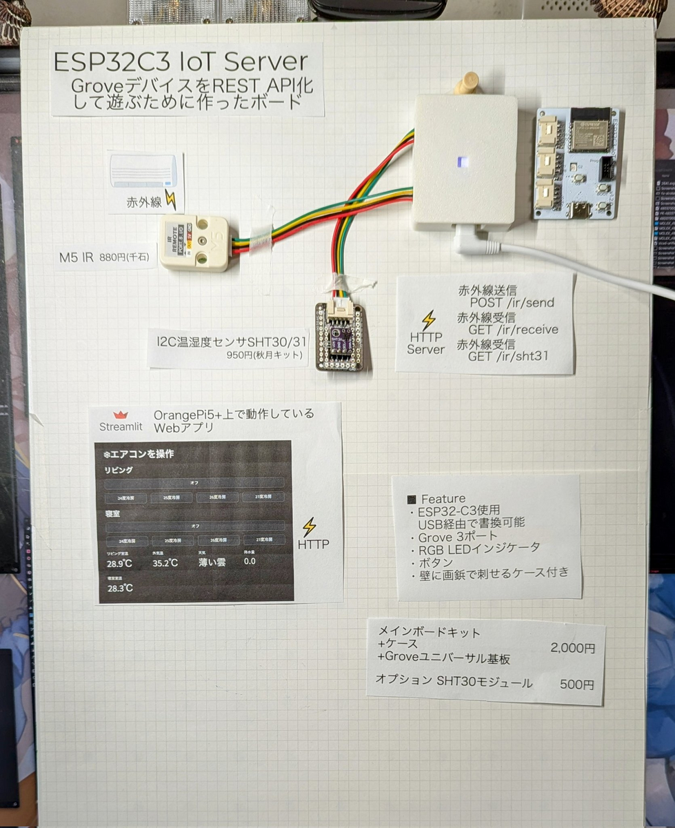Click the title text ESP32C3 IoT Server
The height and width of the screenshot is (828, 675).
point(181,61)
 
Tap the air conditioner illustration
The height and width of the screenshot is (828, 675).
point(144,171)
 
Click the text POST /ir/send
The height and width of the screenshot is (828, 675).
point(512,302)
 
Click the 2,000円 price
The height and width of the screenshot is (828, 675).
point(572,648)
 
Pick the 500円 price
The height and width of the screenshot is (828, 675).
point(577,684)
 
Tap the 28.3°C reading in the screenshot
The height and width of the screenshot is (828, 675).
point(119,588)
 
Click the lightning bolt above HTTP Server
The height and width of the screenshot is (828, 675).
point(429,319)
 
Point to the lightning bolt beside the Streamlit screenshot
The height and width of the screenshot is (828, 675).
point(310,527)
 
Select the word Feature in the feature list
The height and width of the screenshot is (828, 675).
point(443,498)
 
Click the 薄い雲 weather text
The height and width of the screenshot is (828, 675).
point(213,562)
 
